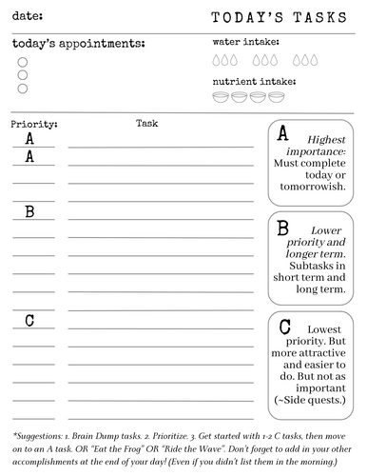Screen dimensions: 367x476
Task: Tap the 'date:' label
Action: coord(28,16)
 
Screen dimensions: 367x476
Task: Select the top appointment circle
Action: coord(23,60)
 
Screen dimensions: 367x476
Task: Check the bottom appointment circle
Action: coord(23,89)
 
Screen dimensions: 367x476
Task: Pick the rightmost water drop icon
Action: coord(311,60)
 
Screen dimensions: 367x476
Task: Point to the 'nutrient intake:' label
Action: coord(254,82)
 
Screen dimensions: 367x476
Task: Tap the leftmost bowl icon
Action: coord(221,97)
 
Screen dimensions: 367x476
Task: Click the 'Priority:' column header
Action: coord(34,125)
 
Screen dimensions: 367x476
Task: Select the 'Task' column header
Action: coord(146,123)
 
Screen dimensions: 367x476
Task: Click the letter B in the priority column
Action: coord(29,211)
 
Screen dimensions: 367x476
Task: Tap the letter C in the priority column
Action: coord(29,320)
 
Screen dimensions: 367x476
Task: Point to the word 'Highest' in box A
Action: coord(327,140)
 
